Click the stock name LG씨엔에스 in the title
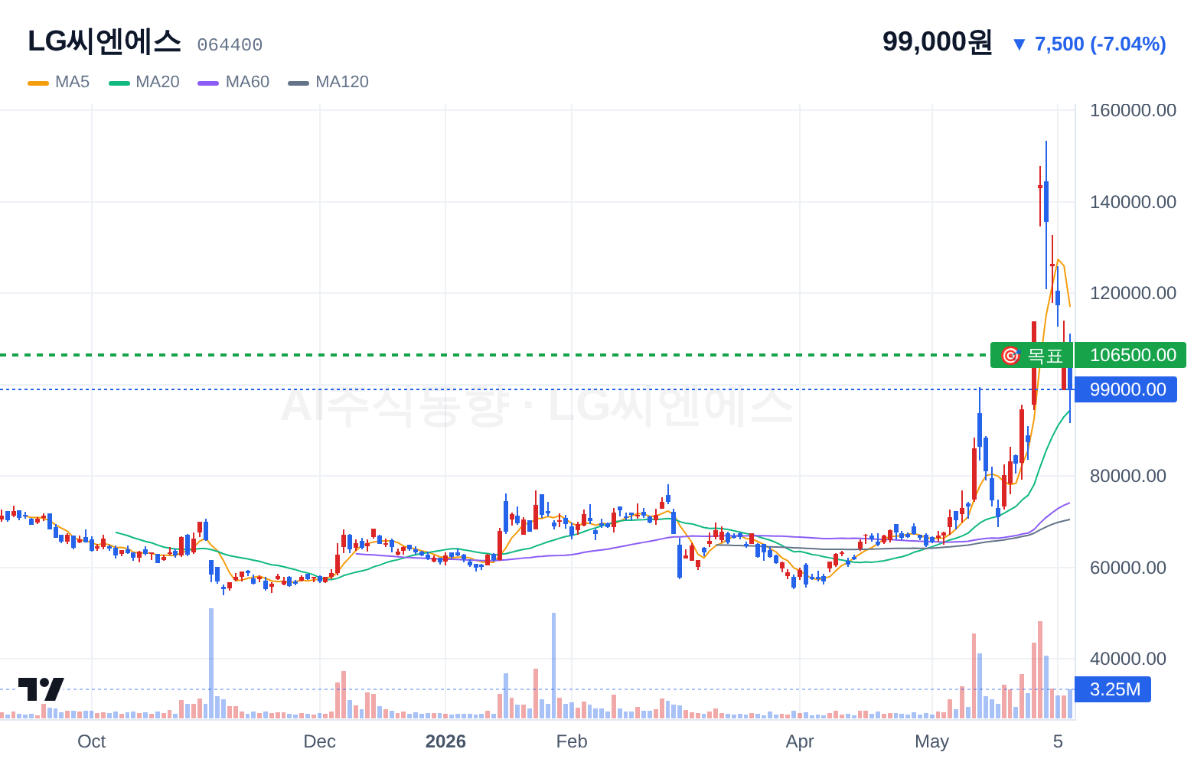pos(104,42)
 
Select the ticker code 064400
pos(230,45)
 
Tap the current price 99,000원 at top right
pos(937,41)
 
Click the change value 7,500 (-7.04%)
pos(1100,44)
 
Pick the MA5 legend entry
pos(59,82)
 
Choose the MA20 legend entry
pos(144,82)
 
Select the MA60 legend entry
pos(233,82)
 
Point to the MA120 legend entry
pos(328,82)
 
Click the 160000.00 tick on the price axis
pos(1133,110)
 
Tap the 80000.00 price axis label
pos(1128,476)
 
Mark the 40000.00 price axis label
pos(1128,659)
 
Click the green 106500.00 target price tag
pos(1130,355)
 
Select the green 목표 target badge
pos(1032,355)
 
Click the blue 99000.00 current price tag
pos(1126,389)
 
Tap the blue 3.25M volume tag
pos(1112,689)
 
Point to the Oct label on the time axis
pos(92,741)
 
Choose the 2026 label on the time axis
pos(445,741)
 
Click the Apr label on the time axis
pos(800,741)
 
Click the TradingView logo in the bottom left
pos(41,689)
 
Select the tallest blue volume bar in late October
pos(211,663)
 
